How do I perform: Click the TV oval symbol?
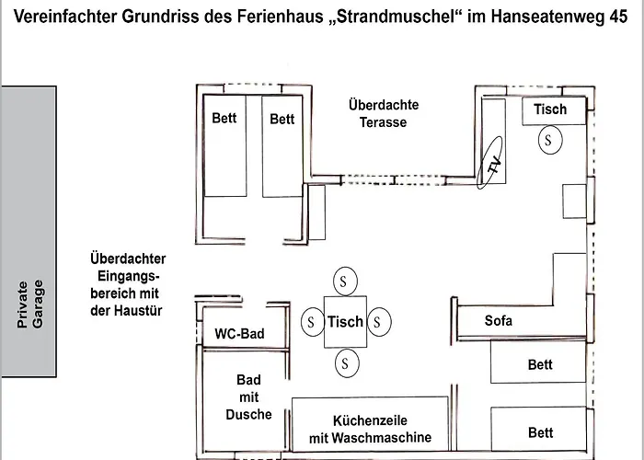tap(489, 163)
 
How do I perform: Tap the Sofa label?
tap(499, 320)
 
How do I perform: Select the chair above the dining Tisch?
tap(345, 282)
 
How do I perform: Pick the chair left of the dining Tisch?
tap(313, 322)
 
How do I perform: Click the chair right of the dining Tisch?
tap(379, 322)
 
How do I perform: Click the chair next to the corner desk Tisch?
tap(550, 140)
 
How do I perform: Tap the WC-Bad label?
tap(239, 333)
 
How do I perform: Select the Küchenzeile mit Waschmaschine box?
tap(370, 424)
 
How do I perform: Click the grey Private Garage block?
tap(29, 231)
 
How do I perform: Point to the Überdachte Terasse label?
tap(384, 113)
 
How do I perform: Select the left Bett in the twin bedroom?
tap(225, 145)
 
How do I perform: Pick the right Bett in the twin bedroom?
tap(282, 145)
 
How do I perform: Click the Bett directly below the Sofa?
tap(538, 362)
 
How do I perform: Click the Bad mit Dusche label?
tap(248, 397)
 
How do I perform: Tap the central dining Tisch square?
tap(345, 322)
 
